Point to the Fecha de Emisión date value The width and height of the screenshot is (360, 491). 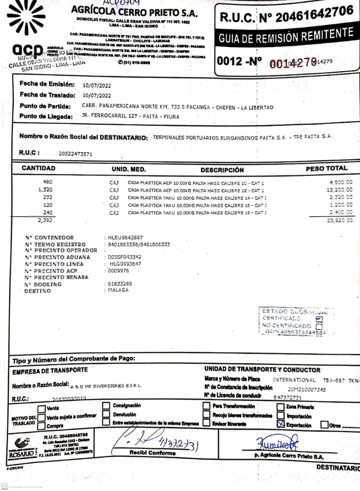(x=97, y=85)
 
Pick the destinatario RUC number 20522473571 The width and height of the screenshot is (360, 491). (x=75, y=153)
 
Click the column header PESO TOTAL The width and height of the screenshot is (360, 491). (x=327, y=169)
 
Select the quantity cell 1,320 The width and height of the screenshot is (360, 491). (x=45, y=189)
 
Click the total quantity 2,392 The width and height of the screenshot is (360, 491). (x=45, y=221)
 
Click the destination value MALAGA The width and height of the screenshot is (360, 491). (x=118, y=290)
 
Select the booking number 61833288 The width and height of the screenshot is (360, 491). (x=120, y=284)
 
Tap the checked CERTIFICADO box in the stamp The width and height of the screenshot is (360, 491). (x=319, y=318)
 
